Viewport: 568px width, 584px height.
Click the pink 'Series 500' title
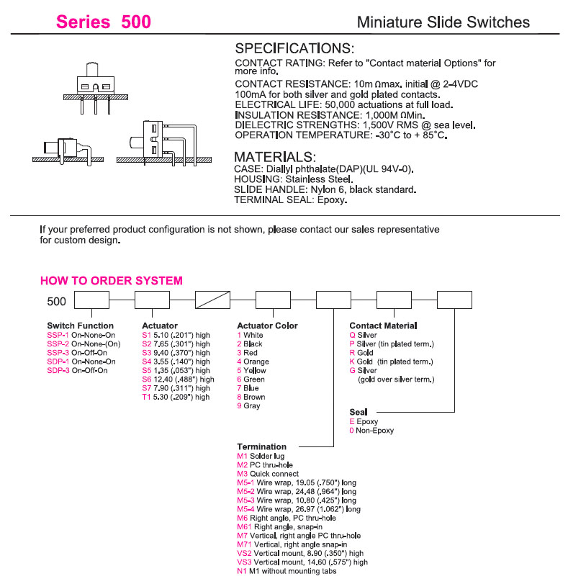(104, 22)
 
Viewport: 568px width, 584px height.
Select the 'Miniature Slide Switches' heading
(443, 22)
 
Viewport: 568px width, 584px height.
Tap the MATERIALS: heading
(275, 157)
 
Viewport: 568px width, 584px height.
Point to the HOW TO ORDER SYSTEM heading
(111, 281)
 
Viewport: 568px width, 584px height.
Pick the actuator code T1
(146, 397)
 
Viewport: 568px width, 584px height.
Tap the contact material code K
(352, 361)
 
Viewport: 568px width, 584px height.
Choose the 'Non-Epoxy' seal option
(375, 431)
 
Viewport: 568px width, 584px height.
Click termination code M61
(243, 527)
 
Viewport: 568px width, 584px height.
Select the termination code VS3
(244, 562)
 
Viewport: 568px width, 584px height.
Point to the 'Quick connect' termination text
(273, 474)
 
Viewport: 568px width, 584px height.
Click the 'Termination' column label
(261, 446)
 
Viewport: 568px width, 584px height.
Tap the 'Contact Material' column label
(383, 325)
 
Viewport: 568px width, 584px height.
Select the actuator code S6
(146, 379)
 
